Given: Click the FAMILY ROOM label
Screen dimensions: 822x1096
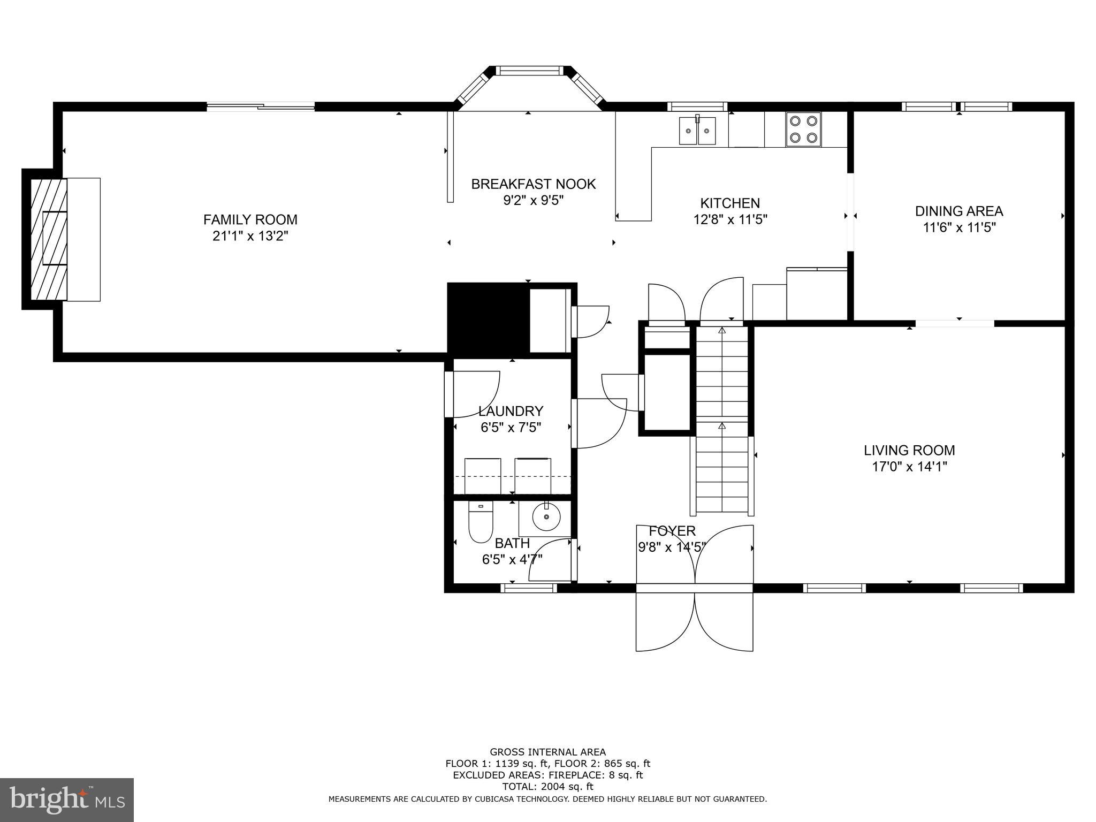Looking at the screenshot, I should (250, 219).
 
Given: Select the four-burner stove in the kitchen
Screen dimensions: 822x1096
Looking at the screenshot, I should (803, 130).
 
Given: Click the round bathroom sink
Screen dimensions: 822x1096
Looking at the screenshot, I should (546, 517).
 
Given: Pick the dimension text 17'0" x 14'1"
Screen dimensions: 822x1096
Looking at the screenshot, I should (909, 467).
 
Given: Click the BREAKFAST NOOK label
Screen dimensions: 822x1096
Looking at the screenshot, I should (533, 184).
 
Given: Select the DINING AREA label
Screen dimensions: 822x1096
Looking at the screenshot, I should (958, 211).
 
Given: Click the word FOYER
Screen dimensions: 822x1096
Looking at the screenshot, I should (672, 531).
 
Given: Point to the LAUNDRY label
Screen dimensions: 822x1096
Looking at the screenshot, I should (511, 411).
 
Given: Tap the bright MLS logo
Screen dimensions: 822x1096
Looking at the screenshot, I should (67, 800).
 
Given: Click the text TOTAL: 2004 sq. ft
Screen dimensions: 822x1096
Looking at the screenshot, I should (547, 787).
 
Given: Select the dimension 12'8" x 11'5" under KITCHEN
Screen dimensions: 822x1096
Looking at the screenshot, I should (730, 219).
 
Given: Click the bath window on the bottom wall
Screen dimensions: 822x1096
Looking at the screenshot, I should (529, 588).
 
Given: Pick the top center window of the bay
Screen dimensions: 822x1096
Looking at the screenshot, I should (529, 70).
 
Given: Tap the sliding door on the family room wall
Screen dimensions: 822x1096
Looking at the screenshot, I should (261, 107).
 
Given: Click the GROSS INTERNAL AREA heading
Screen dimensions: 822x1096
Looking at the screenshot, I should (547, 752).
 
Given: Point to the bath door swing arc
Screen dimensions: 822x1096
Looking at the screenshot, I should (549, 559).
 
